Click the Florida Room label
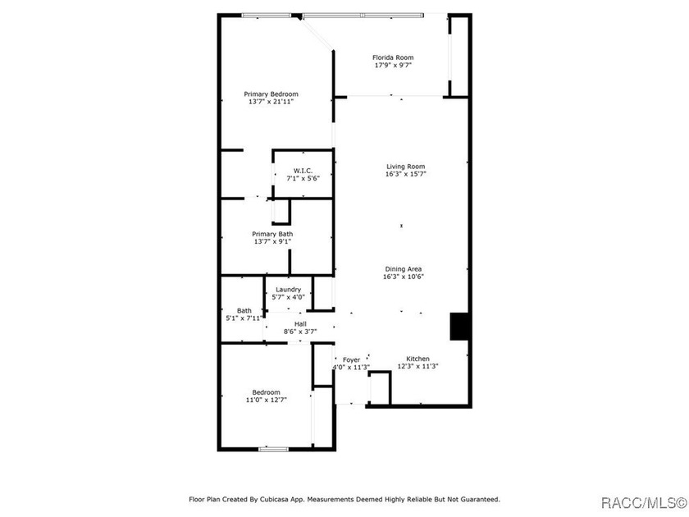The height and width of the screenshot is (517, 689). tap(393, 57)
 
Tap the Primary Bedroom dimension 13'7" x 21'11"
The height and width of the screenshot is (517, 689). tap(271, 102)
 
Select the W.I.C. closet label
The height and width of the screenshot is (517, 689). tap(303, 171)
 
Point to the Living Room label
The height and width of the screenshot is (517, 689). tap(405, 167)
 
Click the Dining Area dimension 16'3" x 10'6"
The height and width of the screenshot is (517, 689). tap(404, 277)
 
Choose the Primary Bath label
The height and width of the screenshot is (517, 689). tap(272, 235)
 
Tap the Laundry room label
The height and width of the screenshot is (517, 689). tap(288, 290)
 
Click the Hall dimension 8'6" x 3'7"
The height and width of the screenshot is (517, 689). tap(300, 332)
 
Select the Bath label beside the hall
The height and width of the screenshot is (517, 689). tap(244, 311)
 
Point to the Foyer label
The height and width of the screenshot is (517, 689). tap(352, 360)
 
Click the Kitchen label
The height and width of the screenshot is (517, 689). tap(418, 359)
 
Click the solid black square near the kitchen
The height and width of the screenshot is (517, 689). tap(459, 327)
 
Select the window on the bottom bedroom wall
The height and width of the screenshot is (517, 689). tap(273, 449)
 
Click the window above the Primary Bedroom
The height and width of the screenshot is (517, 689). tap(267, 16)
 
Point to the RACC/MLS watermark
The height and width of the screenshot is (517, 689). tap(644, 502)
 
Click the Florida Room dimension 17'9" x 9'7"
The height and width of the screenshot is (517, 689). tap(393, 65)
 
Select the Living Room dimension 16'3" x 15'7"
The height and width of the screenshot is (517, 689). tap(405, 174)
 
